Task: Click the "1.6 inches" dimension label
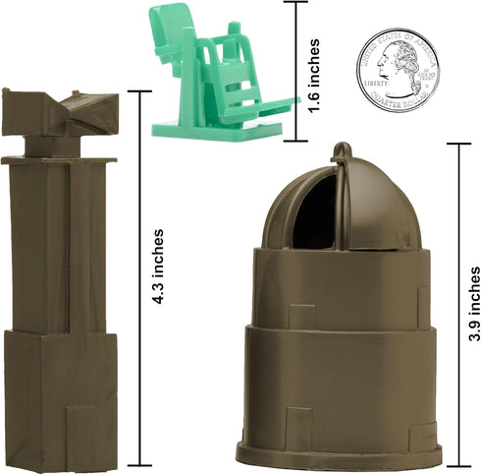pyautogui.click(x=314, y=76)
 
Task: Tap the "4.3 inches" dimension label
pyautogui.click(x=159, y=267)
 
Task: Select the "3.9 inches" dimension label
pyautogui.click(x=474, y=304)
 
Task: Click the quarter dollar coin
pyautogui.click(x=398, y=70)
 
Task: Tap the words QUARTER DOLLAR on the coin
pyautogui.click(x=399, y=101)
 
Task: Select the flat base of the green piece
pyautogui.click(x=217, y=130)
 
